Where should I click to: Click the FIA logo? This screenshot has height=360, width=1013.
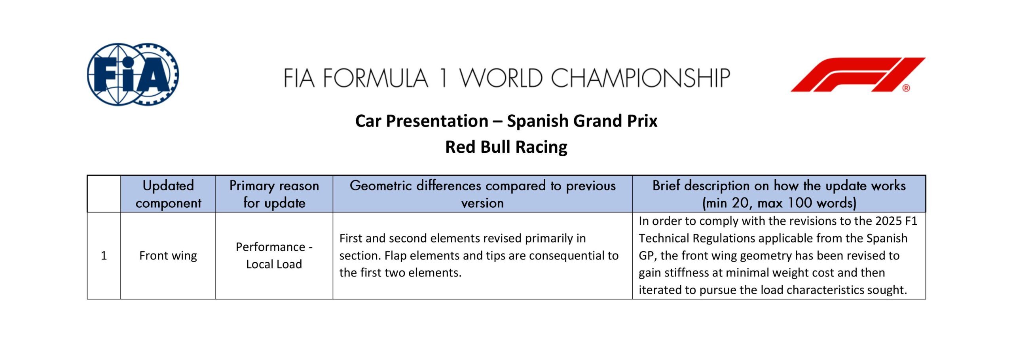tap(133, 74)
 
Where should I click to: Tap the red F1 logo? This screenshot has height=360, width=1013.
tap(858, 75)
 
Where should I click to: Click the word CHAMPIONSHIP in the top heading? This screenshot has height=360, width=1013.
tap(640, 78)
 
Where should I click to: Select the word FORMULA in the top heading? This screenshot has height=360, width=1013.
tap(376, 78)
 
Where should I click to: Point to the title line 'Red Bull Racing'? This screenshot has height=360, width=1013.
tap(506, 147)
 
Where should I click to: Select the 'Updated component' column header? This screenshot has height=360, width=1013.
tap(168, 194)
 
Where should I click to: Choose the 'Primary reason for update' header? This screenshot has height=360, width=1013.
tap(274, 194)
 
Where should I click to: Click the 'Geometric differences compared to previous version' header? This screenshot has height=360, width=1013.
tap(482, 194)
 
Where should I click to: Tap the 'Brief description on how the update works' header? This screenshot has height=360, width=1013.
tap(779, 194)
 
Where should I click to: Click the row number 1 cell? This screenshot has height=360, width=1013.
tap(104, 256)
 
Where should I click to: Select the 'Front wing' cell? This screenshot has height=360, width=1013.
tap(168, 256)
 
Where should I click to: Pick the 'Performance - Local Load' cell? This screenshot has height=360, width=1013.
tap(274, 256)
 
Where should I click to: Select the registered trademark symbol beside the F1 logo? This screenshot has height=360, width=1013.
tap(906, 88)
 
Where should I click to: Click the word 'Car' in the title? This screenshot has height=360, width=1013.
tap(368, 121)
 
